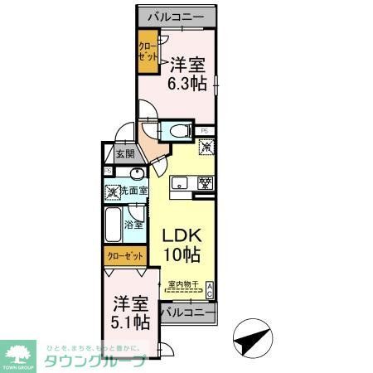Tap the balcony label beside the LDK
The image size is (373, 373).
pyautogui.click(x=186, y=312)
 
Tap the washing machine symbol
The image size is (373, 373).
pyautogui.click(x=113, y=191)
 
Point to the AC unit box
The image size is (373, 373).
pyautogui.click(x=210, y=289)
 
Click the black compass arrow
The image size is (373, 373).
pyautogui.click(x=251, y=340)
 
